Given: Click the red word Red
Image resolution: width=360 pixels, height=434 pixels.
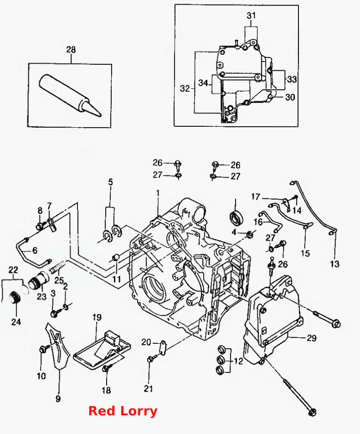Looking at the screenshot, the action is [x=102, y=411].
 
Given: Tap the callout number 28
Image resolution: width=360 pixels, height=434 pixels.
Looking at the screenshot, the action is [x=71, y=50].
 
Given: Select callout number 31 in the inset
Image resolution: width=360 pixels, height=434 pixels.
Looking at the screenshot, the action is [x=251, y=15].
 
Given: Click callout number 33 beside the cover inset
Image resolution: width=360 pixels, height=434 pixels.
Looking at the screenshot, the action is [x=292, y=79].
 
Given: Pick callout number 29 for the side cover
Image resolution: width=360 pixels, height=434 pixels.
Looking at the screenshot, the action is [x=312, y=338].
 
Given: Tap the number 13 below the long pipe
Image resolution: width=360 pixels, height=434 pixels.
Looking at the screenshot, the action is [x=334, y=264].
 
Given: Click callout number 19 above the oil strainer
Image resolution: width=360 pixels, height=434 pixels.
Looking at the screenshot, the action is [x=97, y=317].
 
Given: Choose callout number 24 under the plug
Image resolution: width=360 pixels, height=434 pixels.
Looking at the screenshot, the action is [x=16, y=322].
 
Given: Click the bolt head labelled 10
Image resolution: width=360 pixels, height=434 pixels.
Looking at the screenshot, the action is [x=43, y=350].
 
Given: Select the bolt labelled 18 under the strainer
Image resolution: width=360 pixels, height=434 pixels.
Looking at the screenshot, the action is [x=105, y=369].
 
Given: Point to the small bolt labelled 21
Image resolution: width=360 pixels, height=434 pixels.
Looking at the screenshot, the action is [x=150, y=359].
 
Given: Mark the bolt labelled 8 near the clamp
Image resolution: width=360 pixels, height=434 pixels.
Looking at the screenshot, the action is [x=39, y=227].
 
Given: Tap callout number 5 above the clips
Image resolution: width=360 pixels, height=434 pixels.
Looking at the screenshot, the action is [x=110, y=182].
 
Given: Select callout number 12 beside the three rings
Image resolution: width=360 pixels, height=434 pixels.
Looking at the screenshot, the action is [x=238, y=361].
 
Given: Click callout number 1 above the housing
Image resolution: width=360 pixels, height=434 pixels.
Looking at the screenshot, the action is [x=158, y=193].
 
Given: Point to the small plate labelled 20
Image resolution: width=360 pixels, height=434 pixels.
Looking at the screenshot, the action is [x=163, y=346].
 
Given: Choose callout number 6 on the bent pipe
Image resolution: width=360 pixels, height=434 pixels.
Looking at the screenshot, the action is [x=35, y=250].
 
